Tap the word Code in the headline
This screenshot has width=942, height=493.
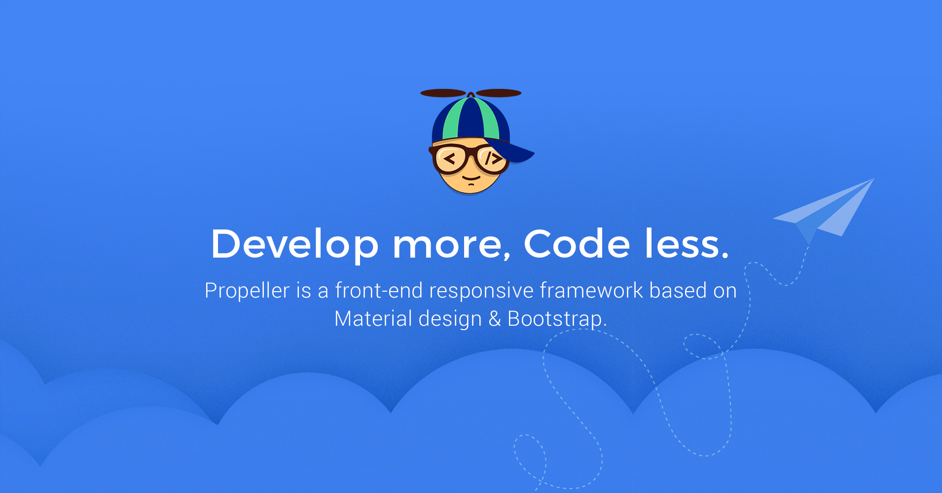[577, 243]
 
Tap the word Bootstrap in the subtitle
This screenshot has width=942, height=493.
[555, 319]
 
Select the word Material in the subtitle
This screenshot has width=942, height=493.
[373, 318]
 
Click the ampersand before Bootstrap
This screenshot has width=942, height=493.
[495, 319]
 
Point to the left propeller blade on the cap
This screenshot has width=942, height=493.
[443, 93]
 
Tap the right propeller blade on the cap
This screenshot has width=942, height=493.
[499, 93]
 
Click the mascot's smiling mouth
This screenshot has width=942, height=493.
[471, 178]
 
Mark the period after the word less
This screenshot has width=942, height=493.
[724, 256]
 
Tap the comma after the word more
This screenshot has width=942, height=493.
[507, 257]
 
